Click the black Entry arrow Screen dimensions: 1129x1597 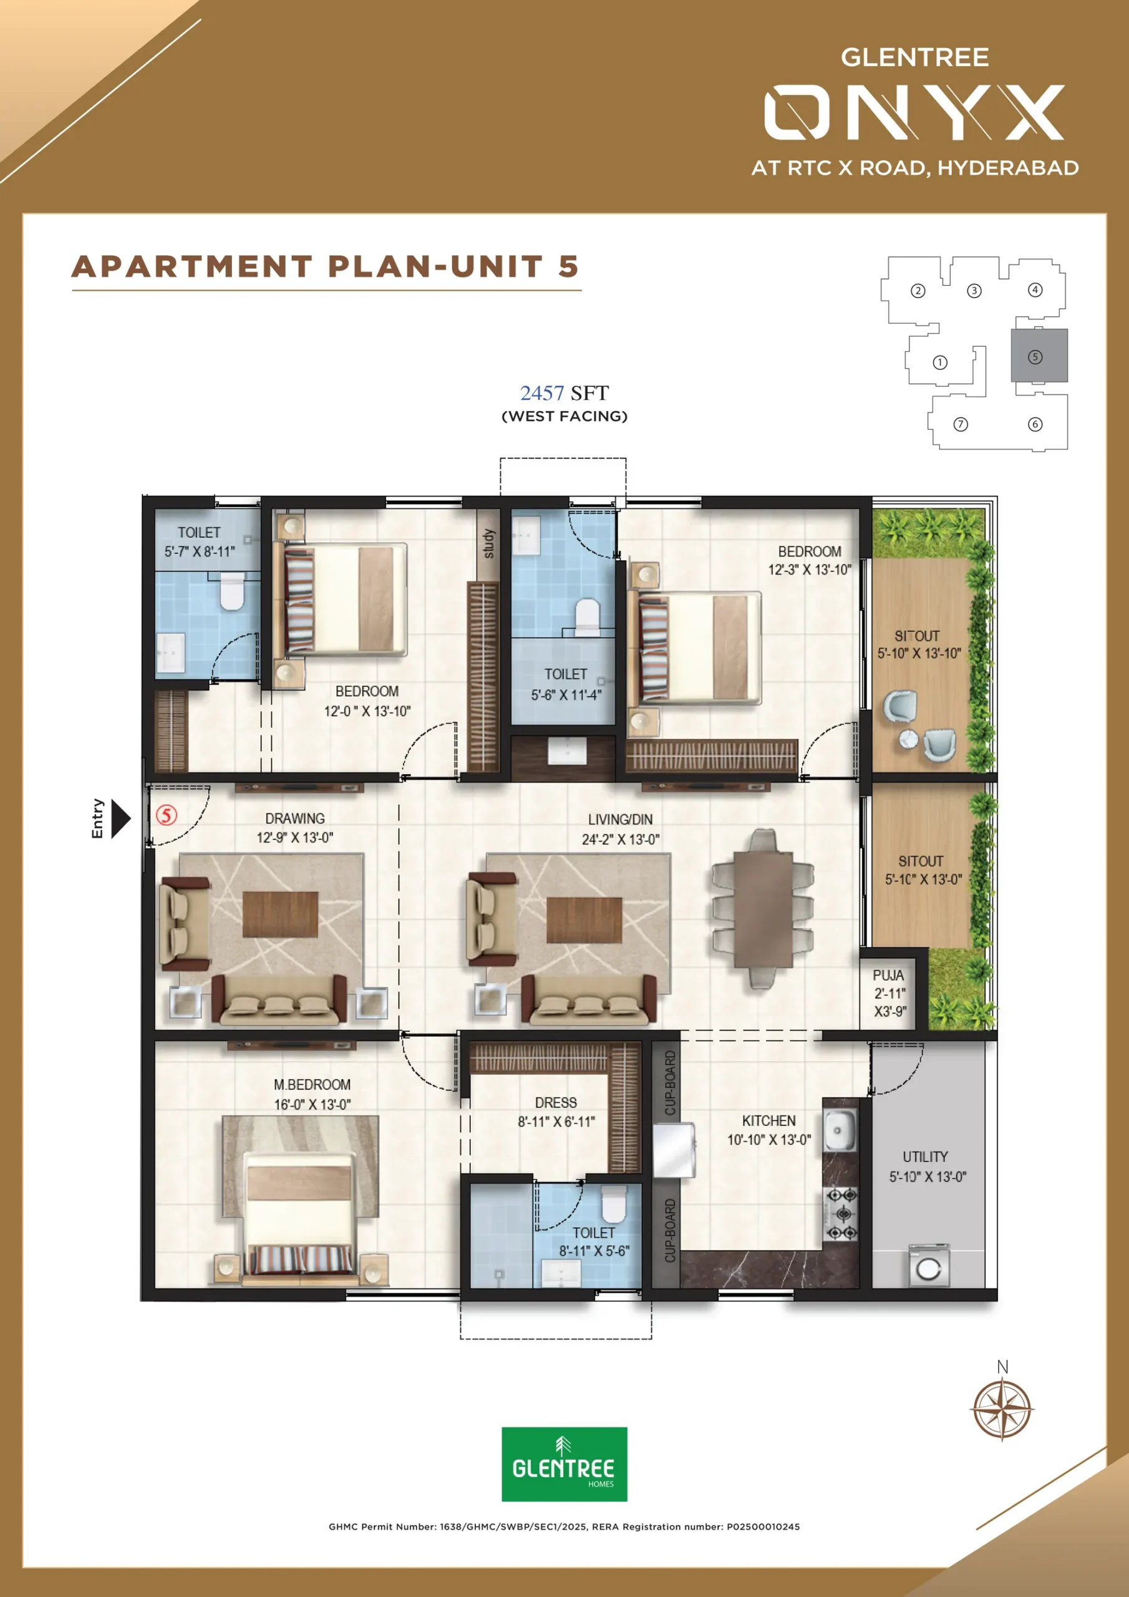click(x=120, y=818)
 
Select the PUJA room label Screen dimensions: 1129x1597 click(x=888, y=975)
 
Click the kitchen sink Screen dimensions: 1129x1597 click(x=838, y=1130)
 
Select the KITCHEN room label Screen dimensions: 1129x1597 click(x=768, y=1120)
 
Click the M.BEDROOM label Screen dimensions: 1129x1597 click(x=312, y=1084)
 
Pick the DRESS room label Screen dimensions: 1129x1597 click(x=556, y=1102)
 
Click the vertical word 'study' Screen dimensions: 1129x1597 click(x=488, y=543)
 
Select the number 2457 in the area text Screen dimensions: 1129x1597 click(x=542, y=393)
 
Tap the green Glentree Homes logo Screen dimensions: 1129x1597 click(x=564, y=1465)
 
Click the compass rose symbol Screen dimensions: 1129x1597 click(x=1002, y=1410)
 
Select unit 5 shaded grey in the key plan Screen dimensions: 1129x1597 click(x=1039, y=356)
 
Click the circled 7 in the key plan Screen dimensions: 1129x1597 click(x=961, y=424)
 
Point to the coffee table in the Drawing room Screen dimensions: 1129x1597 click(x=279, y=915)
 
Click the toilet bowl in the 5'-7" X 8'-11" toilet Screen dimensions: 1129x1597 click(x=231, y=591)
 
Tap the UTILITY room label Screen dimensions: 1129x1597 click(x=925, y=1157)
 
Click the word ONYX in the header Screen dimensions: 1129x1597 click(x=914, y=113)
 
